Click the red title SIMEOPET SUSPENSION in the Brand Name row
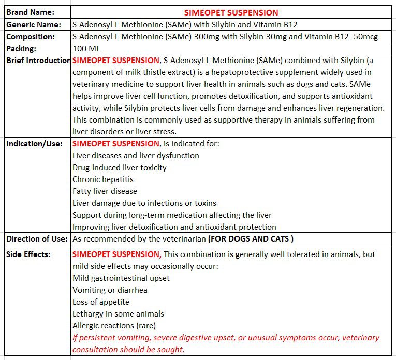tap(231, 12)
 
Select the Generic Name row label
tap(30, 25)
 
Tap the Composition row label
tap(31, 37)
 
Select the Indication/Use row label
tap(34, 144)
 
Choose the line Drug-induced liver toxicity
tap(120, 168)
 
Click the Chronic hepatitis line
tap(103, 179)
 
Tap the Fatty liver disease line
tap(105, 191)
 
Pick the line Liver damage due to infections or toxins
tap(144, 203)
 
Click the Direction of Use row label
tap(37, 239)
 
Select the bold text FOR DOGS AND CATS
tap(251, 239)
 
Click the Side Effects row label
tap(28, 254)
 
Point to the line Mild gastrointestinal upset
tap(121, 278)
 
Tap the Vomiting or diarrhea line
tap(110, 290)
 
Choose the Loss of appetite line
tap(101, 302)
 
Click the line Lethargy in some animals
tap(118, 314)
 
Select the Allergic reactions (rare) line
tap(114, 326)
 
